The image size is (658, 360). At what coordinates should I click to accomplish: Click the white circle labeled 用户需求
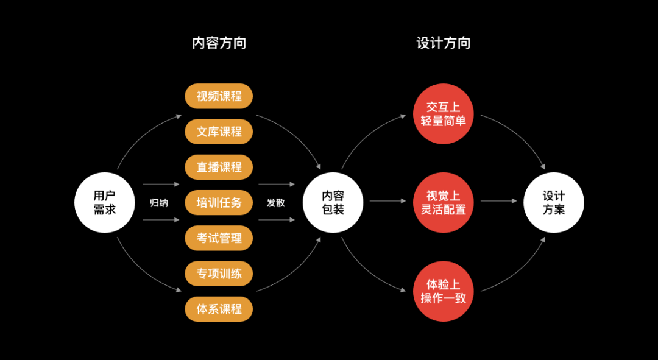pyautogui.click(x=104, y=203)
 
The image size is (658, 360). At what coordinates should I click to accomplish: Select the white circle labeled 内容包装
pyautogui.click(x=333, y=203)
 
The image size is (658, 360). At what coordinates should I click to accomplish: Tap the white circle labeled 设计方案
pyautogui.click(x=554, y=203)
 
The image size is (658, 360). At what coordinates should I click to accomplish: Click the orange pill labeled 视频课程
pyautogui.click(x=219, y=96)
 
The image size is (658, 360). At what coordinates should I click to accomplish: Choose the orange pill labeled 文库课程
pyautogui.click(x=219, y=132)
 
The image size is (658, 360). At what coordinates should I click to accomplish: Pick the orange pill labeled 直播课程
pyautogui.click(x=219, y=167)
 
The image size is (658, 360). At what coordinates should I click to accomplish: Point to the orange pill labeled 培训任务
pyautogui.click(x=219, y=203)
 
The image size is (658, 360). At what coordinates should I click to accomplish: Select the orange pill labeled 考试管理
pyautogui.click(x=219, y=238)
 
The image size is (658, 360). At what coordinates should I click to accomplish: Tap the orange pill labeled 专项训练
pyautogui.click(x=219, y=274)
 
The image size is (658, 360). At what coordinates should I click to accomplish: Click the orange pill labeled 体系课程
pyautogui.click(x=219, y=309)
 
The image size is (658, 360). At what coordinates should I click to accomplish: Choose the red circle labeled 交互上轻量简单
pyautogui.click(x=443, y=114)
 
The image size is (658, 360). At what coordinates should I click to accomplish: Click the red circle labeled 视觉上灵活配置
pyautogui.click(x=443, y=203)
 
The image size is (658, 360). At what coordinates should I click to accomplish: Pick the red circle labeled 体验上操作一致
pyautogui.click(x=443, y=291)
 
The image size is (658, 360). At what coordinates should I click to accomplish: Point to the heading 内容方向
pyautogui.click(x=219, y=43)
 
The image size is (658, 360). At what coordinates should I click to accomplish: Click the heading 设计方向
pyautogui.click(x=443, y=43)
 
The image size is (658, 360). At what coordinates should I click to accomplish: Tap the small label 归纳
pyautogui.click(x=159, y=203)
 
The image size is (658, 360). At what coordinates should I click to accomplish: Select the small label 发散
pyautogui.click(x=275, y=203)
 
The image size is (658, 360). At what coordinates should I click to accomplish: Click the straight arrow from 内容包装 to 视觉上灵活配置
pyautogui.click(x=387, y=200)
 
